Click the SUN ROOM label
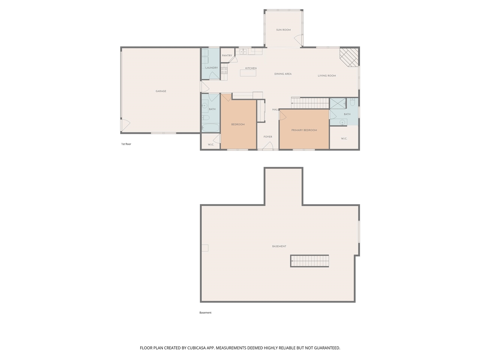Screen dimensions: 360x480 pos(283,30)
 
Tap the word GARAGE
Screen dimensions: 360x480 pos(161,91)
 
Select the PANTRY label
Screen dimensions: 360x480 pos(227,55)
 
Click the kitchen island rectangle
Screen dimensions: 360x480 pos(248,73)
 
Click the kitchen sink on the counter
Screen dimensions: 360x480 pos(243,51)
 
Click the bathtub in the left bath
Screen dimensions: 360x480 pos(210,128)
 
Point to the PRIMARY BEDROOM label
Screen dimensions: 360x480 pos(304,130)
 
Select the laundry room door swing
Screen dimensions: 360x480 pos(213,76)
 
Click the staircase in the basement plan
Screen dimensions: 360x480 pos(310,261)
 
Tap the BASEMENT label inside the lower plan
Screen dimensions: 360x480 pos(279,246)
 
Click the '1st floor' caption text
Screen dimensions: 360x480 pos(126,144)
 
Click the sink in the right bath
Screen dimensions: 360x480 pos(342,122)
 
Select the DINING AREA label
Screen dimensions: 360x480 pos(283,74)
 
